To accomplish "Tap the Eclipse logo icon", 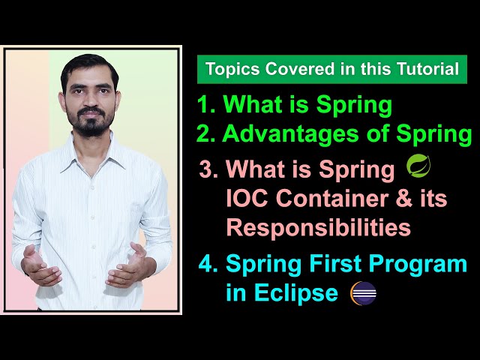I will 363,292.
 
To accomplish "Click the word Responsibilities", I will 318,226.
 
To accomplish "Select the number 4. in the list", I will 207,264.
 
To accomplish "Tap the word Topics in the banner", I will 228,70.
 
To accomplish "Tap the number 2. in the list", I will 206,134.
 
